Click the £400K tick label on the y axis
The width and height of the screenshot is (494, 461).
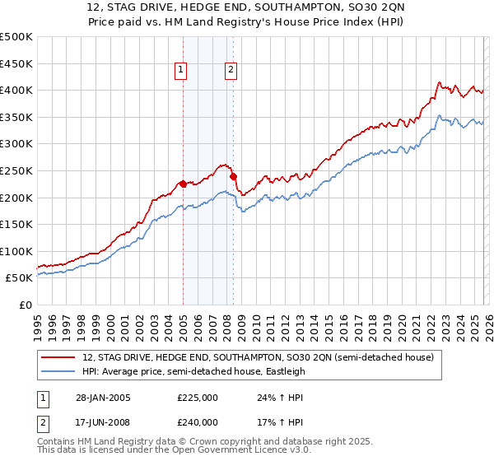coord(16,90)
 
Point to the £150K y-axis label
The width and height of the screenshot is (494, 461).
coord(16,224)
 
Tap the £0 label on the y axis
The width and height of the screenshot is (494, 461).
coord(25,305)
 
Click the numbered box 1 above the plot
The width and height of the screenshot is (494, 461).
coord(180,71)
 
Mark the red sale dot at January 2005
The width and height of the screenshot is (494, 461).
coord(183,184)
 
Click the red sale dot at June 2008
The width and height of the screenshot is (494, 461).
coord(233,176)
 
